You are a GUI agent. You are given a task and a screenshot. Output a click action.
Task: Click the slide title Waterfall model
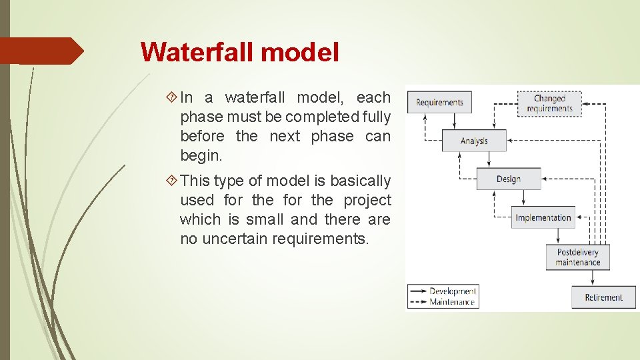coord(240,52)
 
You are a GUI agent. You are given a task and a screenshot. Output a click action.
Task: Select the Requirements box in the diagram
coord(439,102)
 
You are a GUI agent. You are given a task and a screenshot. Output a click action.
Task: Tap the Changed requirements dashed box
coord(549,103)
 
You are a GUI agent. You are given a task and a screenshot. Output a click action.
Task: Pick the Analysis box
coord(474,141)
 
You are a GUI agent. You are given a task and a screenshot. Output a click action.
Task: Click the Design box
coord(508,179)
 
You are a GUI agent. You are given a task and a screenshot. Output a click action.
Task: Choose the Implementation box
coord(543,217)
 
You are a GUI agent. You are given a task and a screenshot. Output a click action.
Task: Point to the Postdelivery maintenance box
coord(577,257)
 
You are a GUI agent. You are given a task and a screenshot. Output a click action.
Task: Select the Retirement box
coord(603,297)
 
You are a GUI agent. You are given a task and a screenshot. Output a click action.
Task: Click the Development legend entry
coord(443,291)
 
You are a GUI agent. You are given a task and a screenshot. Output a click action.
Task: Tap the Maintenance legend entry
coord(443,302)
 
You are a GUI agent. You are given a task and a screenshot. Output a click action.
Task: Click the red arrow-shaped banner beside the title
coord(41,51)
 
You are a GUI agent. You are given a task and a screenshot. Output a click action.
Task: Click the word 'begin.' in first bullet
coord(201,156)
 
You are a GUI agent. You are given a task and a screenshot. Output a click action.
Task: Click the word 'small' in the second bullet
coord(265,219)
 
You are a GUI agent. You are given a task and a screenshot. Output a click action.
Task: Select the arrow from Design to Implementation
coord(526,199)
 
